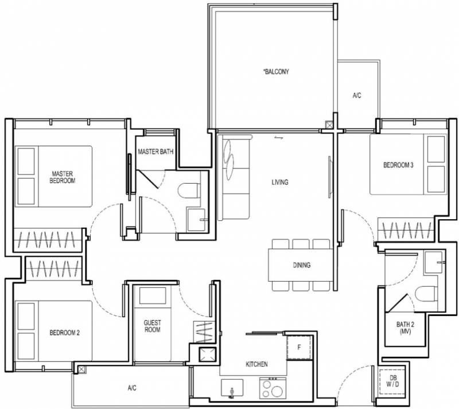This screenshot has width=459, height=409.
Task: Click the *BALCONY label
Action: (x=276, y=72)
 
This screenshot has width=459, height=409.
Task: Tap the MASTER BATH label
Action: (x=155, y=151)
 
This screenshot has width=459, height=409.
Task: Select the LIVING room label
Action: (x=280, y=182)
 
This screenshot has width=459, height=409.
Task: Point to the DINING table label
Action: (x=302, y=265)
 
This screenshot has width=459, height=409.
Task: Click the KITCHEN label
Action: (x=256, y=364)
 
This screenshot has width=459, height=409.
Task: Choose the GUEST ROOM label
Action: (x=152, y=326)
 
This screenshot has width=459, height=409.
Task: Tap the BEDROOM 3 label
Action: (x=398, y=165)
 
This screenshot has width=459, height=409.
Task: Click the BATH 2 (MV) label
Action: (x=405, y=328)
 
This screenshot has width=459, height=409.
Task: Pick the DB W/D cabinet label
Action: (x=392, y=381)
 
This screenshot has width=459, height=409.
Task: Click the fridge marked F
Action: (x=299, y=348)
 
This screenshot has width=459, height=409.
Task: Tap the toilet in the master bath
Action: (x=189, y=190)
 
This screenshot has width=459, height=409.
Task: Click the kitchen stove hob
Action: (x=273, y=388)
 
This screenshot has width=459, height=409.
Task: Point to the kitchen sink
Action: (x=232, y=388)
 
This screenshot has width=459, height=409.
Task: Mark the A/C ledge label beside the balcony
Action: (x=357, y=95)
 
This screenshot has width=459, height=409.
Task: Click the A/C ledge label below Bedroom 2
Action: (x=132, y=388)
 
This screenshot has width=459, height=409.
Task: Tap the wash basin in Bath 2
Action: (x=434, y=263)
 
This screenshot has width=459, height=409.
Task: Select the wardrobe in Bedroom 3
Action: (x=406, y=230)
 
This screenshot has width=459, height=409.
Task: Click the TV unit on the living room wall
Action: (x=330, y=175)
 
